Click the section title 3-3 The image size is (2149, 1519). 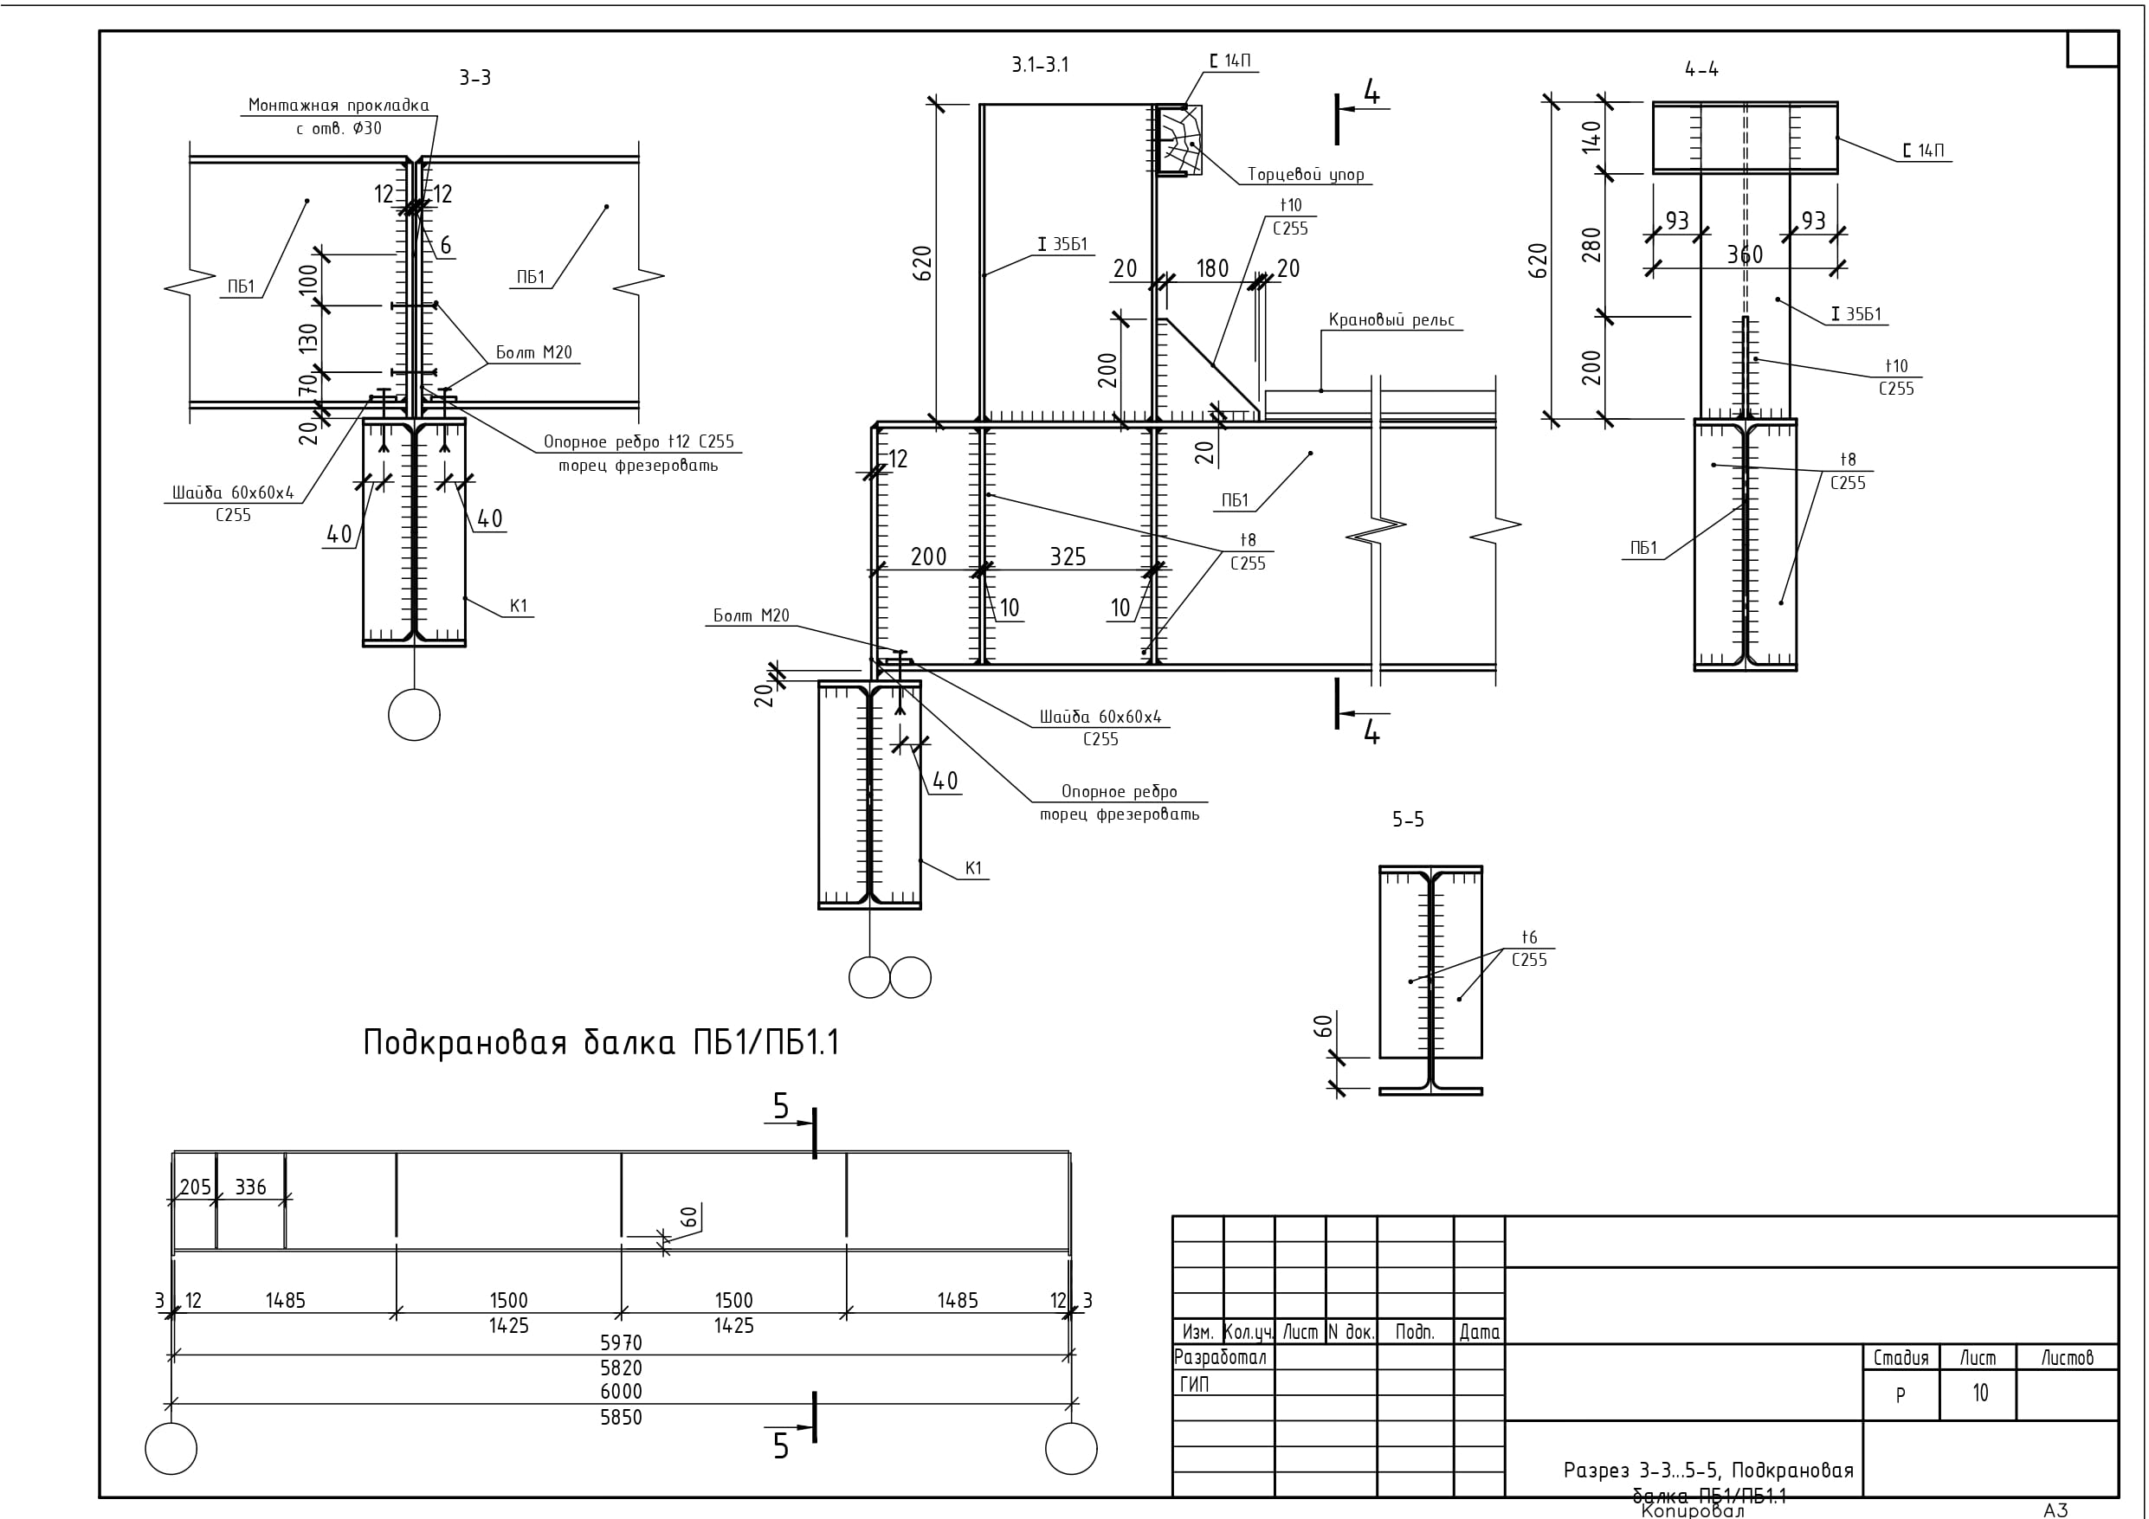(x=474, y=78)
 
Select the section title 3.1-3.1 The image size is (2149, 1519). (x=1039, y=65)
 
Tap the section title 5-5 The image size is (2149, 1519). (x=1408, y=820)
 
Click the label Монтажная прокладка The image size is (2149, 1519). (x=338, y=105)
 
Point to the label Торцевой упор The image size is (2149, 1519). (x=1305, y=174)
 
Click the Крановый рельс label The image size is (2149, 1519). (x=1391, y=320)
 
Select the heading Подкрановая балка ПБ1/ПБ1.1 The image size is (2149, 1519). (x=601, y=1043)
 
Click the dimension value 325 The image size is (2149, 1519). (x=1067, y=557)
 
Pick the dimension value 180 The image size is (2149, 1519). (x=1212, y=268)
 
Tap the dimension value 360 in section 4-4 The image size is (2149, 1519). (x=1745, y=254)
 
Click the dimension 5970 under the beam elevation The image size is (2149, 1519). (x=621, y=1342)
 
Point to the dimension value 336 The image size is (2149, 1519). (x=251, y=1188)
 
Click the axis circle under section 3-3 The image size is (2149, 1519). (x=414, y=715)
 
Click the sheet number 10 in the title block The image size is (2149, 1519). (x=1979, y=1393)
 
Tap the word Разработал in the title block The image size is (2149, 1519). (x=1220, y=1357)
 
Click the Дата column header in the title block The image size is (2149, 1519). (x=1479, y=1332)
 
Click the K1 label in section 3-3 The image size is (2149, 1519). (x=519, y=606)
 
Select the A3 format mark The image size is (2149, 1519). (x=2055, y=1509)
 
